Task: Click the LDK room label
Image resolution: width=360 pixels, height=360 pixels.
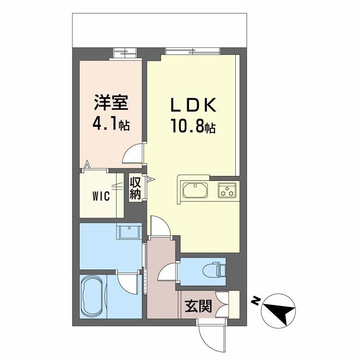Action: [193, 105]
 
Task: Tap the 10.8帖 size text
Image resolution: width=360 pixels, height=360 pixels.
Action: [193, 127]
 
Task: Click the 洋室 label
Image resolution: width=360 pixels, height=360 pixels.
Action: [111, 103]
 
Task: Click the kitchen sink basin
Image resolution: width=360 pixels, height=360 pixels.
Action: [195, 190]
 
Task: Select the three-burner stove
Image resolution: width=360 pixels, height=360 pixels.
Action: [227, 190]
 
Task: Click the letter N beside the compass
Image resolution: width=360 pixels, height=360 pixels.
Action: [255, 301]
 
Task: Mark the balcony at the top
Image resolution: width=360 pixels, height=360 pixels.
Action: [160, 30]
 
